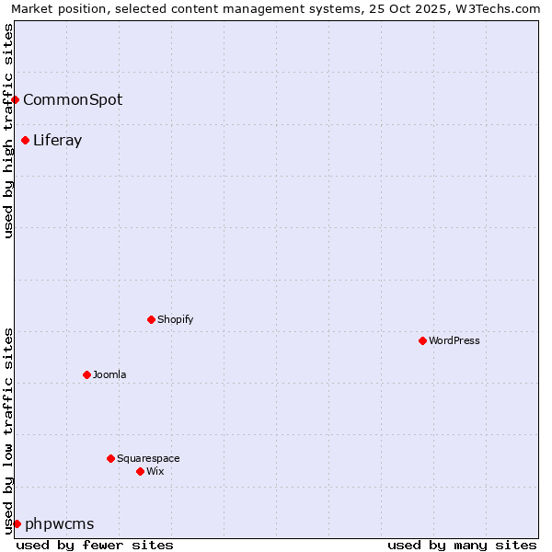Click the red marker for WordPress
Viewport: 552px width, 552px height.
click(x=422, y=340)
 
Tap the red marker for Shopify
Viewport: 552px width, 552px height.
click(x=151, y=319)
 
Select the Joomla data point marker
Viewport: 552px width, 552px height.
click(x=86, y=374)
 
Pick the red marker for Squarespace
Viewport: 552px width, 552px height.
click(x=110, y=458)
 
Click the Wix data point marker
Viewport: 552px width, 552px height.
click(x=140, y=471)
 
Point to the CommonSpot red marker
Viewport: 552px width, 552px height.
click(x=16, y=99)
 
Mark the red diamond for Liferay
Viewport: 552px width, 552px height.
click(x=25, y=140)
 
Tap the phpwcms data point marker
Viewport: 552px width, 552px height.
click(x=17, y=523)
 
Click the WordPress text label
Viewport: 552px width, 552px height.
click(x=454, y=340)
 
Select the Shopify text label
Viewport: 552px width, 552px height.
click(x=176, y=319)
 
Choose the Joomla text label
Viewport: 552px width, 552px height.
click(x=109, y=374)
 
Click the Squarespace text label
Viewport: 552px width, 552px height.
click(x=148, y=458)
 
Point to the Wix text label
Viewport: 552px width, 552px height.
click(x=155, y=471)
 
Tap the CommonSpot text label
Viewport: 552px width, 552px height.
click(x=73, y=99)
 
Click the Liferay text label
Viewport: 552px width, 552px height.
click(x=58, y=140)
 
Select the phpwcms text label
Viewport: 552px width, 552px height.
click(x=60, y=523)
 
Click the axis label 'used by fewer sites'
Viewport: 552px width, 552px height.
click(x=95, y=545)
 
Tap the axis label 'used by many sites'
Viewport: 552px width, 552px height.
click(x=462, y=545)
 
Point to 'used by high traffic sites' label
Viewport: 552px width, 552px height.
click(x=8, y=131)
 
